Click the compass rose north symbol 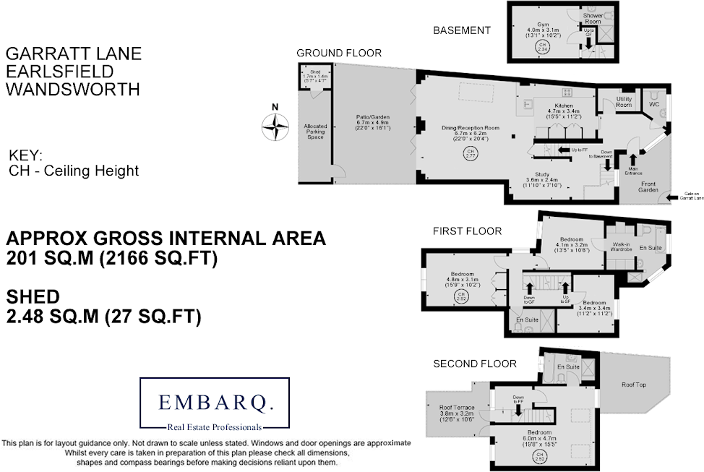pos(275,126)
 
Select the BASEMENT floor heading pos(461,30)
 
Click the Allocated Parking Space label pos(315,131)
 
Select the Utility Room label pos(624,102)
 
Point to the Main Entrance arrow pos(634,160)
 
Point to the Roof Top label pos(634,385)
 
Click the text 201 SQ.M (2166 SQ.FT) pos(112,258)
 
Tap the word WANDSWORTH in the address pos(72,90)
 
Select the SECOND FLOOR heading pos(474,364)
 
